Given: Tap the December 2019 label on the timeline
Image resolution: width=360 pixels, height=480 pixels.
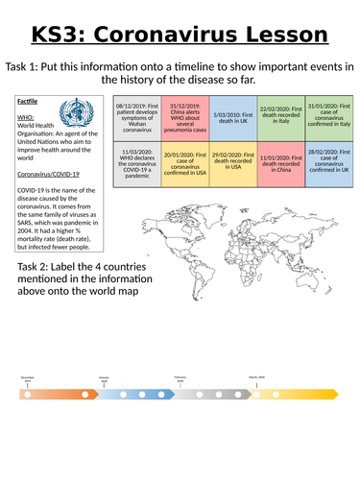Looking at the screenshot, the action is point(28,379).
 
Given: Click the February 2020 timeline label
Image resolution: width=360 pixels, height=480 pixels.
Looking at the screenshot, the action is point(180,378).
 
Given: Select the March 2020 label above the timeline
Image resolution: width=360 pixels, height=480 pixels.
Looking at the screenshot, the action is point(257,377).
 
